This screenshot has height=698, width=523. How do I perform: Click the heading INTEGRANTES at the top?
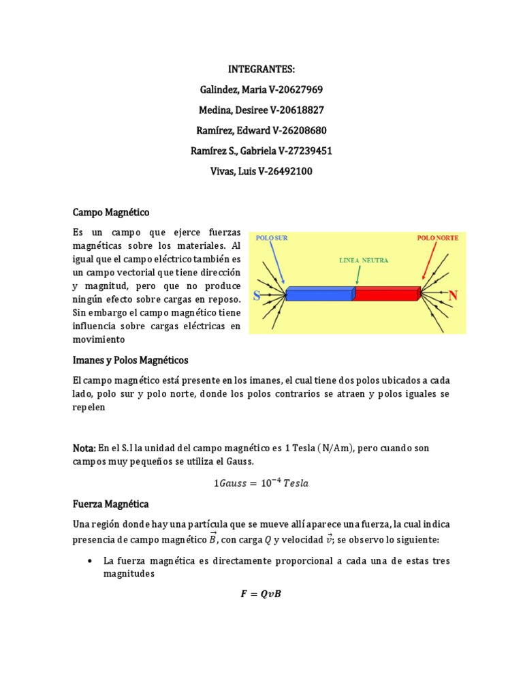261,70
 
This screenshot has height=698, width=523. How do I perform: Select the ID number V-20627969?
291,90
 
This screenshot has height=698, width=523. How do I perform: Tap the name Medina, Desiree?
228,110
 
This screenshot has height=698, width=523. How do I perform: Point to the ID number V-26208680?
291,131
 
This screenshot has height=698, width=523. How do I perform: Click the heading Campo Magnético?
110,213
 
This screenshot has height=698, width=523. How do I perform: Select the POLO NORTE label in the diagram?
437,239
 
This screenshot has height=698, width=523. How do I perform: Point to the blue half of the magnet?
319,294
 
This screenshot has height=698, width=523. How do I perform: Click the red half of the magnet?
386,294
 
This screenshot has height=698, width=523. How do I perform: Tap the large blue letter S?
257,297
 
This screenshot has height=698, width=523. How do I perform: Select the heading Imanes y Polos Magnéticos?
130,359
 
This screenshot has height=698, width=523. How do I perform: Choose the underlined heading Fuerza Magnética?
110,504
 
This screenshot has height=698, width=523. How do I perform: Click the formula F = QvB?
261,594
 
